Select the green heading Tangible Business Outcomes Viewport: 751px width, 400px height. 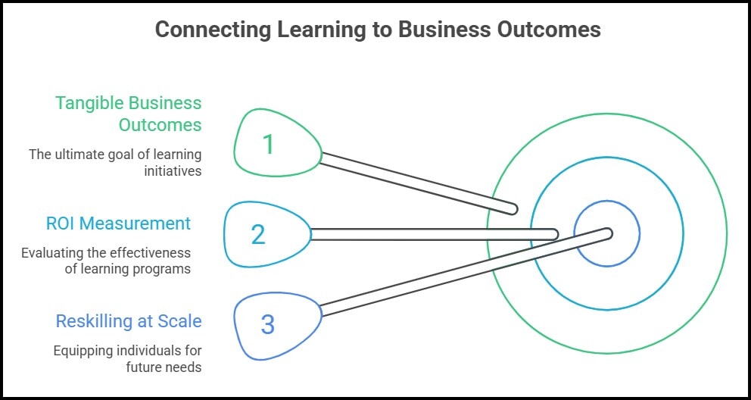[129, 113]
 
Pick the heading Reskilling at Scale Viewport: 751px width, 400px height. [129, 321]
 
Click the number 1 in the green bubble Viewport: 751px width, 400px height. [268, 144]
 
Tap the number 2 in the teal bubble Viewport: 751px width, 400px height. [258, 235]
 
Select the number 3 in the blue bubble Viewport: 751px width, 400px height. [267, 324]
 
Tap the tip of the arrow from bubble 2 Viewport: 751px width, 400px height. [554, 235]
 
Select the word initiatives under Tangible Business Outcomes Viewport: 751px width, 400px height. [173, 170]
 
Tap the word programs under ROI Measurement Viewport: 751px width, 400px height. [165, 268]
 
